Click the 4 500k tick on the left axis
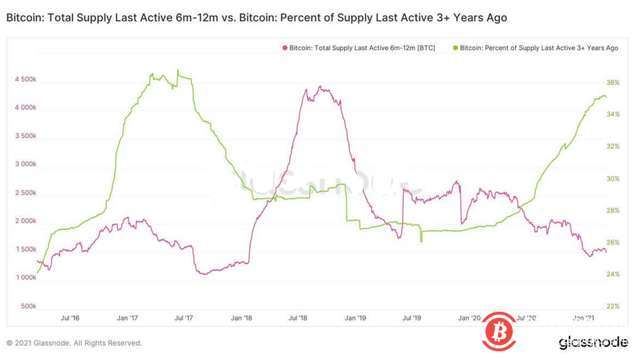click(26, 79)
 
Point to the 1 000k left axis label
click(26, 278)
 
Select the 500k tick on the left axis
click(29, 306)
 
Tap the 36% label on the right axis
click(613, 83)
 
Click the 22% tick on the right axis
click(613, 306)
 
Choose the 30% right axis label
click(613, 179)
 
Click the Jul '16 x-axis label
click(70, 317)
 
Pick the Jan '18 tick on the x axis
click(242, 317)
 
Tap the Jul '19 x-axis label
click(411, 317)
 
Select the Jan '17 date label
click(128, 317)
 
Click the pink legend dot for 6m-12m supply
click(284, 48)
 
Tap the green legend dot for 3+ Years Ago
click(455, 48)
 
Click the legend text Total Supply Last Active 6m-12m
click(361, 48)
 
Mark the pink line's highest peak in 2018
click(319, 88)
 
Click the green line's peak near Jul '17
click(178, 70)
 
